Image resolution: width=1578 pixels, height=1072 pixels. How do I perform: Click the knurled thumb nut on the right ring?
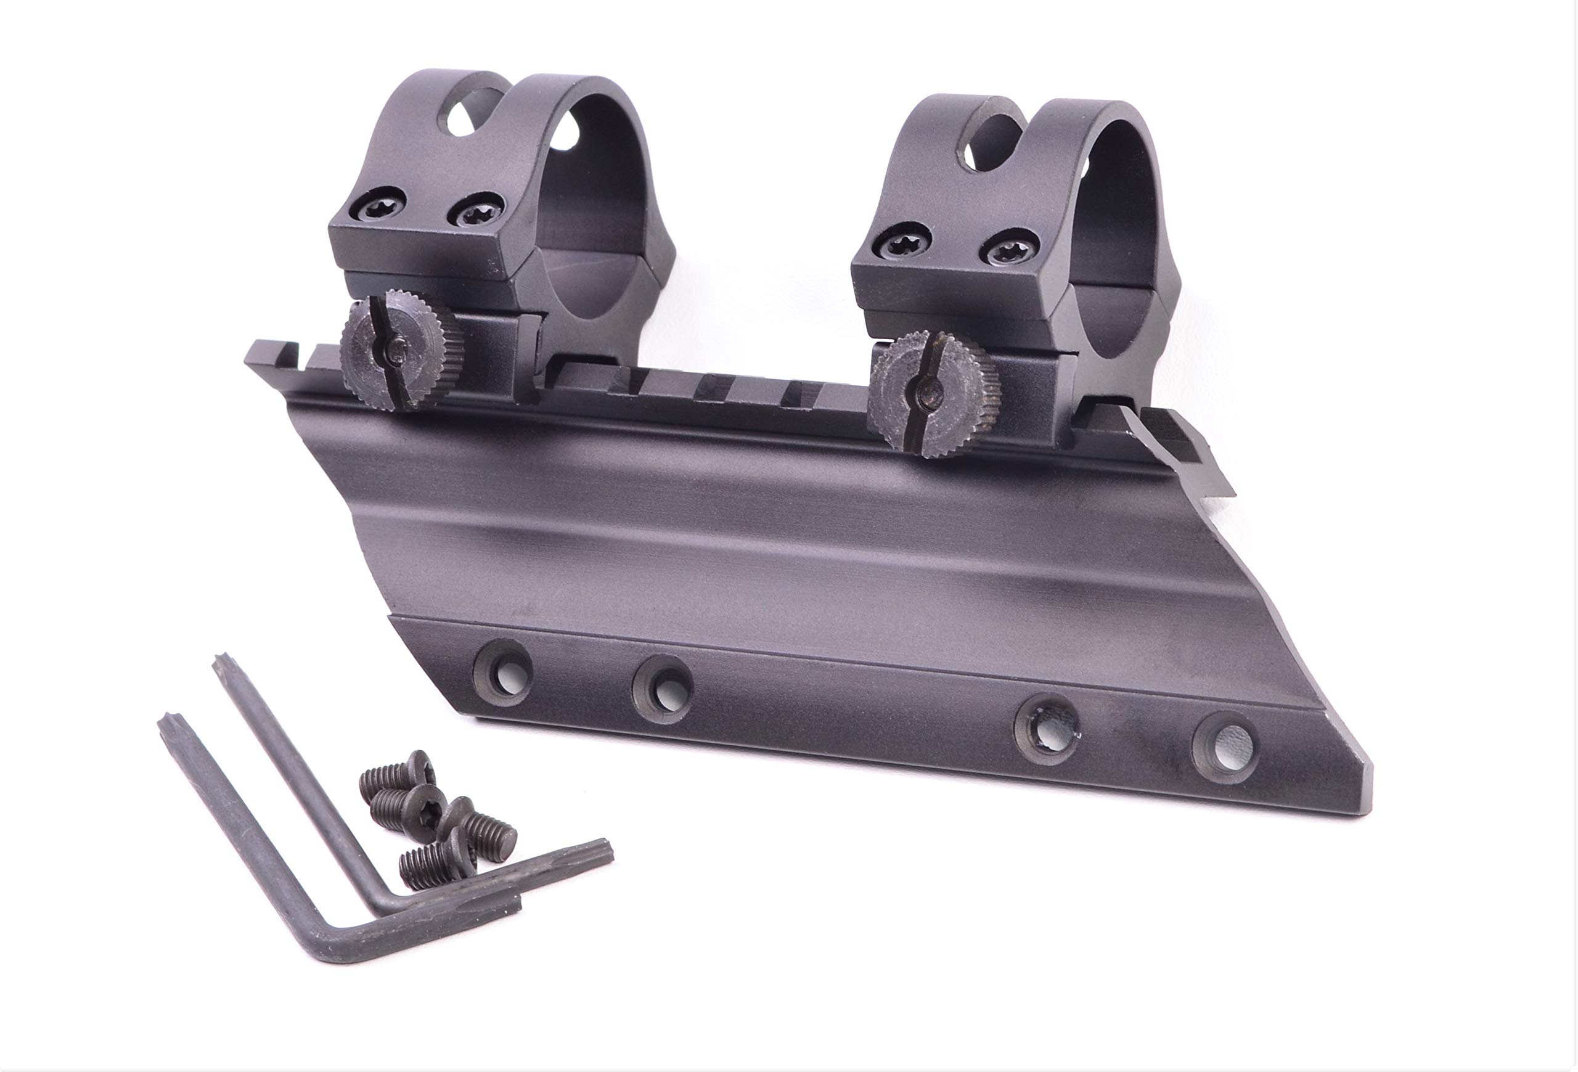[x=933, y=395]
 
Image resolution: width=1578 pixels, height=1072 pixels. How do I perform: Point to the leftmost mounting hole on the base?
[x=504, y=676]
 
